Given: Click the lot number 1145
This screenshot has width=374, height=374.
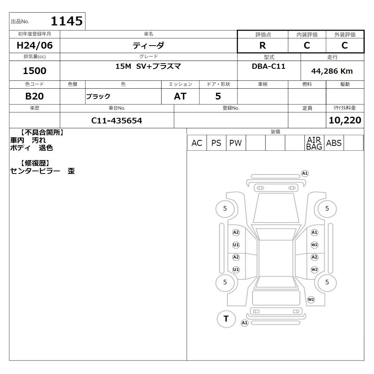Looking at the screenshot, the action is (x=67, y=21).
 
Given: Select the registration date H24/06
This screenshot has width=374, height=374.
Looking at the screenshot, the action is (x=34, y=45).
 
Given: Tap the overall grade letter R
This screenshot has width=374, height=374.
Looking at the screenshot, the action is (x=263, y=45).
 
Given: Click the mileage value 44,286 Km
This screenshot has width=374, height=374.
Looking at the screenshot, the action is (x=332, y=71).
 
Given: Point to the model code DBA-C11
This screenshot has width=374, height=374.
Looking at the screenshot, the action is (x=269, y=66).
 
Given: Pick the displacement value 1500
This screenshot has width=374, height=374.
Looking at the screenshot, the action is (x=34, y=71).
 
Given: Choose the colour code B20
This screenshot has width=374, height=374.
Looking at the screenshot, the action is (x=34, y=96).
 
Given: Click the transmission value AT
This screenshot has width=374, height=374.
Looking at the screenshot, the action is (x=180, y=96).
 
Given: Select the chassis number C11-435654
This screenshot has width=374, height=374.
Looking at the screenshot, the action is (x=117, y=120).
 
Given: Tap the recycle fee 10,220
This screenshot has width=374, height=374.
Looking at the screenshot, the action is (x=345, y=120).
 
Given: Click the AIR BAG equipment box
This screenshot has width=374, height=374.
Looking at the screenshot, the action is (x=314, y=143).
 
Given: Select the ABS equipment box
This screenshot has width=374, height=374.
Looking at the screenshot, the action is (x=334, y=143).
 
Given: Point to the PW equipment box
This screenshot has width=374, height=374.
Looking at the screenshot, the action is (x=236, y=143).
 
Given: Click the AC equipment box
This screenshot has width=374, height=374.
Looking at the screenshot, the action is (x=197, y=143).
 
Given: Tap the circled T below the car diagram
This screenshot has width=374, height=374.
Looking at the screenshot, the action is (x=226, y=319).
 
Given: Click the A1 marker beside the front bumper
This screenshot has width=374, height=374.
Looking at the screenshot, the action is (x=305, y=174).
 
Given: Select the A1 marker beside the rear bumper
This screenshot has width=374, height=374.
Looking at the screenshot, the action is (x=245, y=323).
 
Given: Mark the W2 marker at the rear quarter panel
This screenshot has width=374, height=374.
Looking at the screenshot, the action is (x=311, y=300).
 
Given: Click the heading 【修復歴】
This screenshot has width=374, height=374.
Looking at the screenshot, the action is (x=35, y=163).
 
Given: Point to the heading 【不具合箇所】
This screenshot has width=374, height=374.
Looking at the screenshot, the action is (x=42, y=132).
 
